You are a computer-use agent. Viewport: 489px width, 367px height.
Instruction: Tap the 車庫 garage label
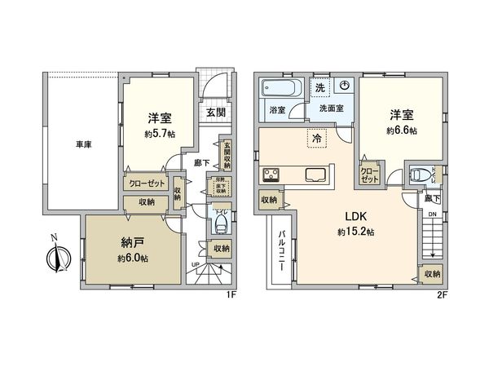61,144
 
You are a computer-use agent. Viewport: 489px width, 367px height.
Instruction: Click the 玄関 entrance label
216,113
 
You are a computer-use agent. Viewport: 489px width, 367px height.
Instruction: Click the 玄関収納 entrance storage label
227,156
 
